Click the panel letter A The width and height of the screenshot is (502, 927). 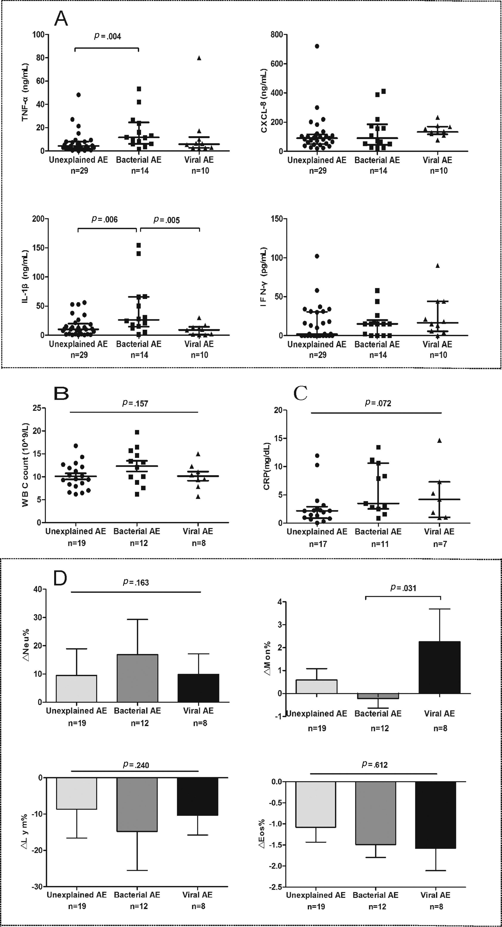click(x=61, y=18)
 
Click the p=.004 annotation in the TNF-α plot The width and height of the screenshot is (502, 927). click(x=108, y=36)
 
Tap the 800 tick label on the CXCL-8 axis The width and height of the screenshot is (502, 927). click(x=276, y=35)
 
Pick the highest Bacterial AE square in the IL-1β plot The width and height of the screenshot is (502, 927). click(x=139, y=245)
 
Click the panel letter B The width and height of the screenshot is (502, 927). click(x=61, y=394)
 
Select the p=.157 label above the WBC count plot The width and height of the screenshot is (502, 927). click(x=135, y=403)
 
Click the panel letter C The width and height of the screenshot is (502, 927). click(x=300, y=394)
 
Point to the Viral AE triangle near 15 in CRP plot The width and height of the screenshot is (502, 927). click(x=439, y=440)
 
